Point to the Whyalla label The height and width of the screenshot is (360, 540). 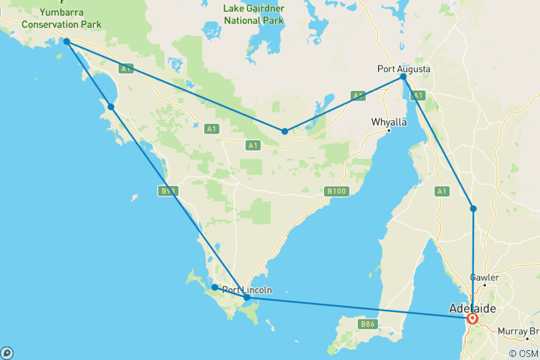(388, 121)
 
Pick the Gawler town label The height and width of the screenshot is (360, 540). (484, 277)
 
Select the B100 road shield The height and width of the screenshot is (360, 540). (337, 191)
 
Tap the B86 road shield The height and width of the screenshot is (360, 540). (367, 324)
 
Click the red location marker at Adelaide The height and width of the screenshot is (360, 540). (472, 318)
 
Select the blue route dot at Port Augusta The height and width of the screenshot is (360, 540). (403, 76)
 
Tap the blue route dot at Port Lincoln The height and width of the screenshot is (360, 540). (247, 298)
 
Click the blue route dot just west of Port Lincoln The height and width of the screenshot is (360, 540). (214, 287)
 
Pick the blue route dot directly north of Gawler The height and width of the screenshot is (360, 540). (473, 208)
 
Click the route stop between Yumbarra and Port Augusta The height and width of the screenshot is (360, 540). (285, 131)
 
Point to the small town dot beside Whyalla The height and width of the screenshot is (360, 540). (388, 132)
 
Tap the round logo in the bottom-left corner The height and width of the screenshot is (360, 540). (7, 352)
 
